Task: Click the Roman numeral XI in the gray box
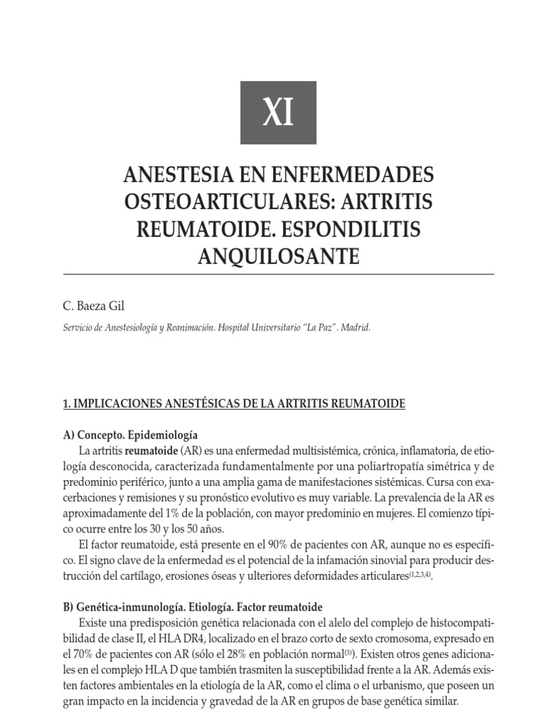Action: [278, 113]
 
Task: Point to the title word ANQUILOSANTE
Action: [278, 256]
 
